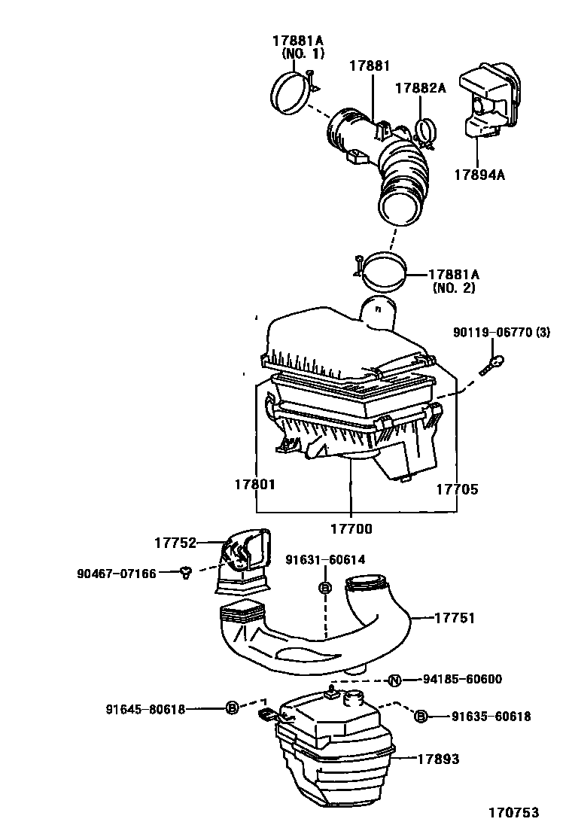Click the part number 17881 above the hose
click(x=369, y=66)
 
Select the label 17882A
click(x=421, y=88)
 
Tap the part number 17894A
click(x=479, y=175)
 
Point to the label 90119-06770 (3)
click(x=512, y=332)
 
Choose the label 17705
click(x=457, y=489)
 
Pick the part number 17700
click(x=351, y=528)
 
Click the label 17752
click(x=175, y=543)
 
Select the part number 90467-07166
click(x=116, y=574)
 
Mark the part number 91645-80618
click(x=145, y=708)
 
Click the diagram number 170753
click(x=513, y=813)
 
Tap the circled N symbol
click(x=394, y=680)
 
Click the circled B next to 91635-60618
click(x=421, y=717)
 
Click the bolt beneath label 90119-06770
click(x=492, y=364)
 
